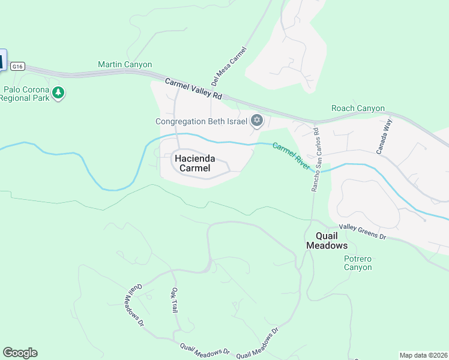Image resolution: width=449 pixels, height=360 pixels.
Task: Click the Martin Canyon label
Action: tap(125, 64)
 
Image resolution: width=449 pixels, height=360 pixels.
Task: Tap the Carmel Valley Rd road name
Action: tap(194, 89)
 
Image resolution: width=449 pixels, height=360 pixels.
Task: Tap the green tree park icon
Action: tap(58, 92)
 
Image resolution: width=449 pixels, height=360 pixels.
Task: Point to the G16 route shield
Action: tap(17, 67)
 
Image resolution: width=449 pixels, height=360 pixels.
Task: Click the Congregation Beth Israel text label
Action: tap(201, 121)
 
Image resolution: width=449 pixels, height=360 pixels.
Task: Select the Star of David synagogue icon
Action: tap(256, 121)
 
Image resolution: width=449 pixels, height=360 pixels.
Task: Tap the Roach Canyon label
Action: tap(358, 109)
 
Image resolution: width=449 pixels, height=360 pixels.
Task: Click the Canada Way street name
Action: tap(384, 137)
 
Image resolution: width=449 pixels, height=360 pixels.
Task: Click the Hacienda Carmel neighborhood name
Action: tap(192, 163)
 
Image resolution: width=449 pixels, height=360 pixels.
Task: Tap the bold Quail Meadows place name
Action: tap(327, 241)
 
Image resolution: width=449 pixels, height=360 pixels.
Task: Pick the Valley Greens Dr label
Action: tap(361, 231)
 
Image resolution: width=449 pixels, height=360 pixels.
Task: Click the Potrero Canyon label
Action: tap(358, 263)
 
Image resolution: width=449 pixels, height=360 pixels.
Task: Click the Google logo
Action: tap(20, 353)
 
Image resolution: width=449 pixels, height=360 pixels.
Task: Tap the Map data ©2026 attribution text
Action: tap(423, 355)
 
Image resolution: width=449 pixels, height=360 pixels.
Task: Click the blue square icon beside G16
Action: tap(2, 60)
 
